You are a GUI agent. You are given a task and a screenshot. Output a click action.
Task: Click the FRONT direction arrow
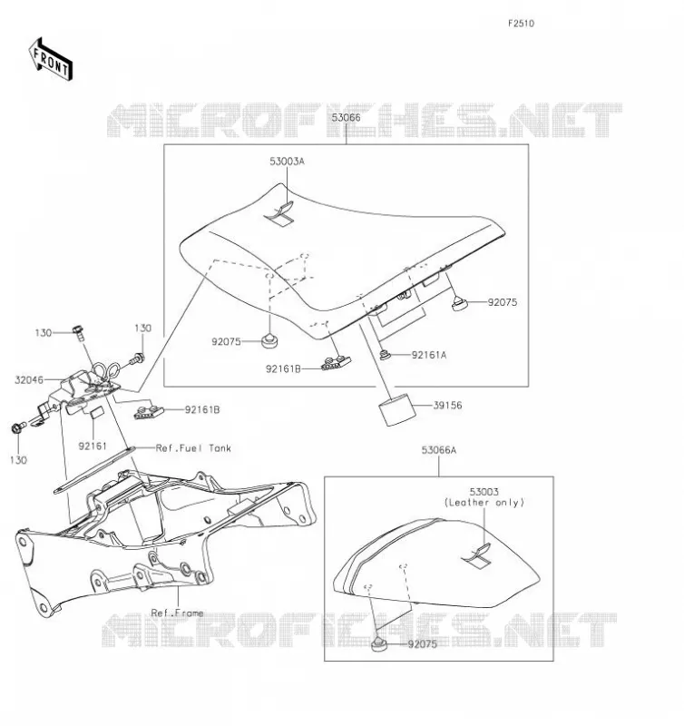click(x=51, y=60)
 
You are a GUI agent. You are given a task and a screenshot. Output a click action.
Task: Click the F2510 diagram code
click(x=521, y=24)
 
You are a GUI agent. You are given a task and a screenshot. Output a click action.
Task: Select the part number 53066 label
click(x=346, y=118)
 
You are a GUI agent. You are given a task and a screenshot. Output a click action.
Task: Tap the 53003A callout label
click(x=287, y=162)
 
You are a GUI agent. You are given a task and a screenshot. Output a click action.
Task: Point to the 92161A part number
click(x=429, y=355)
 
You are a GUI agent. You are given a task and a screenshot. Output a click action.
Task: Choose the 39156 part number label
click(x=447, y=405)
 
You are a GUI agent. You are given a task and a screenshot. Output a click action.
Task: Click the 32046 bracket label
click(x=29, y=380)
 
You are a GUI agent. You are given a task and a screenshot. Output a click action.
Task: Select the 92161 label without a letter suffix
click(x=93, y=446)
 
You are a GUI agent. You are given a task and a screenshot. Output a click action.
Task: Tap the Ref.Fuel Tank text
click(x=193, y=448)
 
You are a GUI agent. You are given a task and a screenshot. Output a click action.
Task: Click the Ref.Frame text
click(x=177, y=613)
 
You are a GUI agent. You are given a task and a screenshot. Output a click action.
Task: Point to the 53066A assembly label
click(x=439, y=450)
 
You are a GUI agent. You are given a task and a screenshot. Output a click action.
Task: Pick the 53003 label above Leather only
click(x=484, y=492)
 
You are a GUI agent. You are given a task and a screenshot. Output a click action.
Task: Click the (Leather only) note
click(x=484, y=503)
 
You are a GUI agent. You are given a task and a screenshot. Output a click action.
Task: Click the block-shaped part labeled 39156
click(x=397, y=409)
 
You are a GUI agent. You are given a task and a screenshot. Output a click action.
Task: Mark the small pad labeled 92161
click(x=96, y=413)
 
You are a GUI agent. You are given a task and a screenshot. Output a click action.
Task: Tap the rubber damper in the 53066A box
click(x=378, y=644)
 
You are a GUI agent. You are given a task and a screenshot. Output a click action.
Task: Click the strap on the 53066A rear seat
click(x=478, y=555)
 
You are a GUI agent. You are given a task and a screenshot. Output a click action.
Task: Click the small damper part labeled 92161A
click(x=385, y=355)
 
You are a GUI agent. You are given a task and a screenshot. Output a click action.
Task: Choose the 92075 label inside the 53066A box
click(x=422, y=644)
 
